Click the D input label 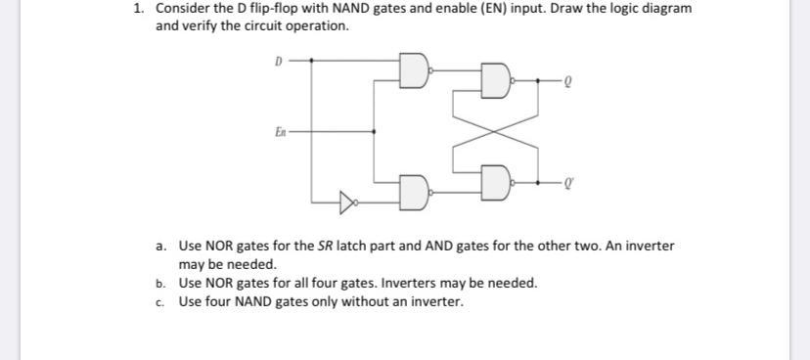tap(278, 60)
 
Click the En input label tap(280, 128)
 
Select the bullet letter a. tap(160, 247)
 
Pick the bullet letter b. tap(160, 284)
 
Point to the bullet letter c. tap(160, 301)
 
